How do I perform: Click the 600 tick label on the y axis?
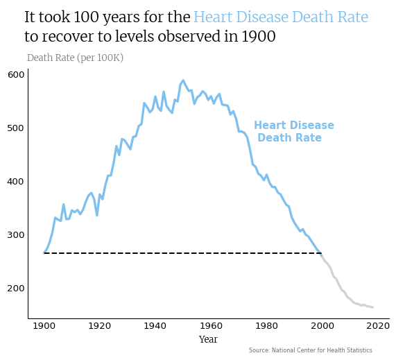click(16, 75)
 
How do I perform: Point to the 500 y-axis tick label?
click(16, 128)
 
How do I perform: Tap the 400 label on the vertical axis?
click(16, 182)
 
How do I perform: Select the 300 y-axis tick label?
click(16, 234)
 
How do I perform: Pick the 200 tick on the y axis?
click(16, 288)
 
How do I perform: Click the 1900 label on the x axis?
click(44, 326)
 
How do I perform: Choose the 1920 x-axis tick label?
click(99, 326)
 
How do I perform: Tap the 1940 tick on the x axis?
click(155, 326)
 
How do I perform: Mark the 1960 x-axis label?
click(211, 326)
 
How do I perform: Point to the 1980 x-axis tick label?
click(267, 326)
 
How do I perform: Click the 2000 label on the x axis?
click(322, 326)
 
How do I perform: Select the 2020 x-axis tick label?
click(378, 326)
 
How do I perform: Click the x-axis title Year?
click(208, 339)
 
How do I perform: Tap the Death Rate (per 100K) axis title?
click(76, 58)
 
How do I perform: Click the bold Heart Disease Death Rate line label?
click(294, 131)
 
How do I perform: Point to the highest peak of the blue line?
click(183, 80)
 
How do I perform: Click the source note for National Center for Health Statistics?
click(311, 350)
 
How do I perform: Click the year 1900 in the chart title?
click(259, 36)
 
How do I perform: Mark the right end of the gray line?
click(372, 307)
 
